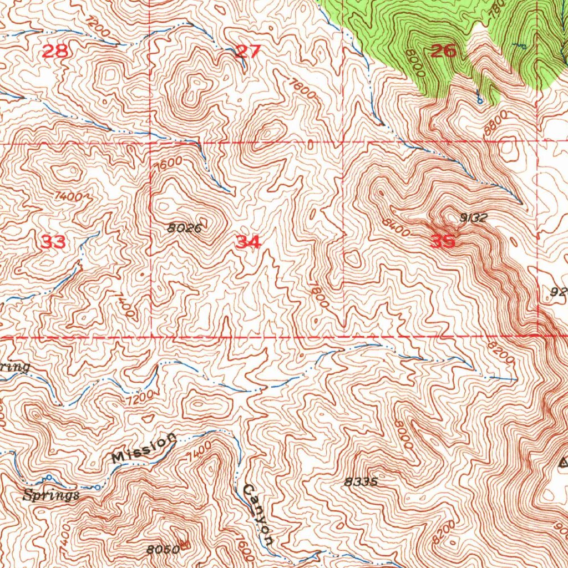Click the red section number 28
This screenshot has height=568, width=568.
click(x=55, y=52)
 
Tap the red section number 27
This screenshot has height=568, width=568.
click(x=248, y=52)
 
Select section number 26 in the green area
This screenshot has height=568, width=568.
click(x=444, y=52)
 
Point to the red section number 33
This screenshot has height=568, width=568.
click(x=54, y=242)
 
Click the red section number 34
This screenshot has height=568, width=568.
click(x=248, y=242)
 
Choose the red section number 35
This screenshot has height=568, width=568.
click(x=443, y=241)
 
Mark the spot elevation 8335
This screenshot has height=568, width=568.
click(x=361, y=482)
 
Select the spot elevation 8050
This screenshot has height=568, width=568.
click(x=164, y=549)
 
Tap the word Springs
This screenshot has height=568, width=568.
click(x=51, y=495)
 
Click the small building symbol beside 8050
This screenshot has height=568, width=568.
click(x=185, y=545)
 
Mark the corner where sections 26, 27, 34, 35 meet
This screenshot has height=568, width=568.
click(x=343, y=141)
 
